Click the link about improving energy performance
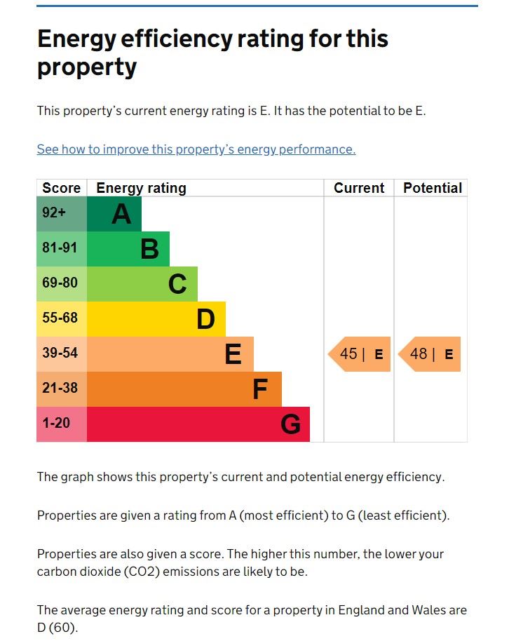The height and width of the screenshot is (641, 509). (x=196, y=149)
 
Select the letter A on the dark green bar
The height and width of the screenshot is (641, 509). (x=121, y=214)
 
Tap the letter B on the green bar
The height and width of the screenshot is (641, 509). (x=149, y=249)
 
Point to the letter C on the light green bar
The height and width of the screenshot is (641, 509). (x=177, y=284)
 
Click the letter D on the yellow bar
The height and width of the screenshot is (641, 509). (x=205, y=319)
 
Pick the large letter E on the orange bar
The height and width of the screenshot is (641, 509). (x=233, y=354)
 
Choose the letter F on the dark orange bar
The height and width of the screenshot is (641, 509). (x=260, y=389)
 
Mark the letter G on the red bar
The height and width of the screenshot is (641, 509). (x=290, y=424)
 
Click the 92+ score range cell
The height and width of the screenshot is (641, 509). (x=54, y=213)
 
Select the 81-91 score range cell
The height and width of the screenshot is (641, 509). (x=60, y=248)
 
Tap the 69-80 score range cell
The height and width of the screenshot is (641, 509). (x=60, y=283)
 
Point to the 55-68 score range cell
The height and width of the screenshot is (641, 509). (x=60, y=318)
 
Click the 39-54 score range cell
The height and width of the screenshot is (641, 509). (x=60, y=353)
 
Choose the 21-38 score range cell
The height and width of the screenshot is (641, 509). (x=60, y=388)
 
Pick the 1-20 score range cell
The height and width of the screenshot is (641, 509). (x=56, y=423)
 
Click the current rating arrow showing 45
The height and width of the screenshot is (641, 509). (x=360, y=354)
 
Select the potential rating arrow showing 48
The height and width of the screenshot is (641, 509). (x=430, y=354)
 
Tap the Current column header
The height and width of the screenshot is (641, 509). (x=359, y=188)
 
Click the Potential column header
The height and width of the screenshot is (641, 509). (x=433, y=188)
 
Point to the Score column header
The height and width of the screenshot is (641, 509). (x=62, y=188)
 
